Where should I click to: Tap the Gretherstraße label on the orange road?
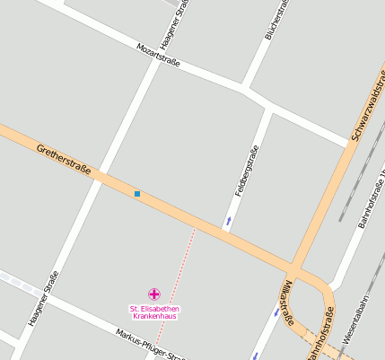(65, 159)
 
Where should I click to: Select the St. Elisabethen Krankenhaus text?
(153, 312)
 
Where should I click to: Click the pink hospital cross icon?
(153, 294)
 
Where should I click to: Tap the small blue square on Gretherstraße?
(137, 194)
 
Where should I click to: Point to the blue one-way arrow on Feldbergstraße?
(229, 220)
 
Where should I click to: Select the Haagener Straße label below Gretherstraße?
(42, 297)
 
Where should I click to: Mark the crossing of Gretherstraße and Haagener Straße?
(101, 174)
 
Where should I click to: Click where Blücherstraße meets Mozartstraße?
(245, 88)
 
